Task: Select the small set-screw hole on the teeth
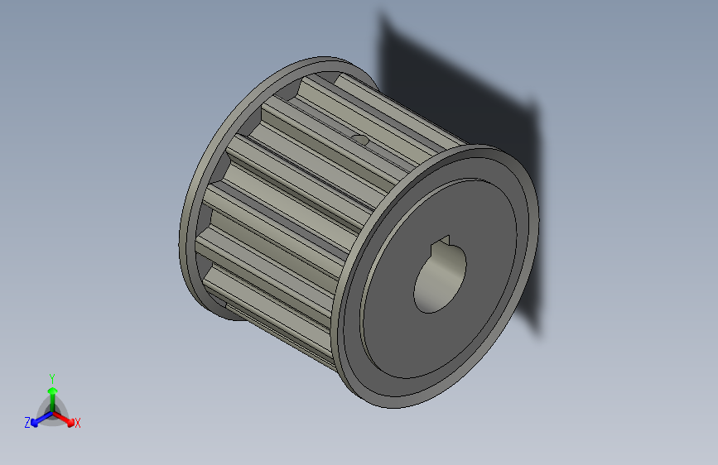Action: pos(359,139)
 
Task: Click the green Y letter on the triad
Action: pos(52,376)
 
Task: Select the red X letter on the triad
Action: pos(78,423)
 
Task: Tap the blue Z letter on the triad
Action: pos(27,423)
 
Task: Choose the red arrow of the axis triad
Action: pos(66,418)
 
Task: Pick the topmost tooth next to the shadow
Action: pos(398,103)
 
